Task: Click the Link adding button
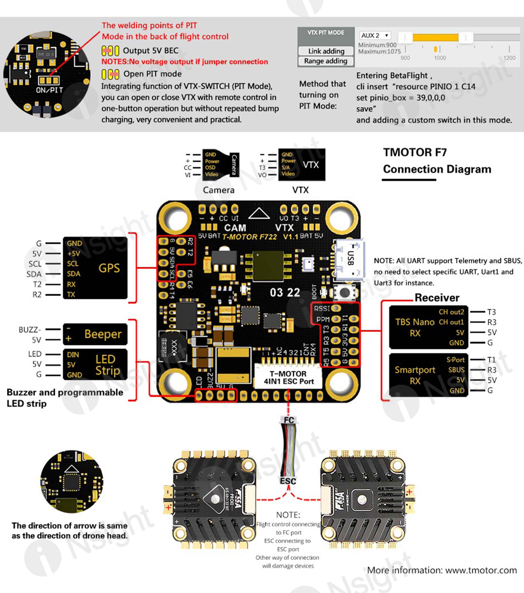point(326,51)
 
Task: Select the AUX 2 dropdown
point(375,35)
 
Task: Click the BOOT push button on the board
point(344,292)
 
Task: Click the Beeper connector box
point(95,334)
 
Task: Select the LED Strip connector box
point(95,364)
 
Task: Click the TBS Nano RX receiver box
point(428,327)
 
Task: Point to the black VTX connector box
point(302,165)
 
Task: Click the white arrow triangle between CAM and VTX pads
point(259,214)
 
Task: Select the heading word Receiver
point(437,298)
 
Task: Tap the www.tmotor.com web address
point(481,570)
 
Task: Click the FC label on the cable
point(289,420)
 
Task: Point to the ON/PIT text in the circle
point(49,90)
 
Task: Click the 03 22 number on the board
point(285,292)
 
